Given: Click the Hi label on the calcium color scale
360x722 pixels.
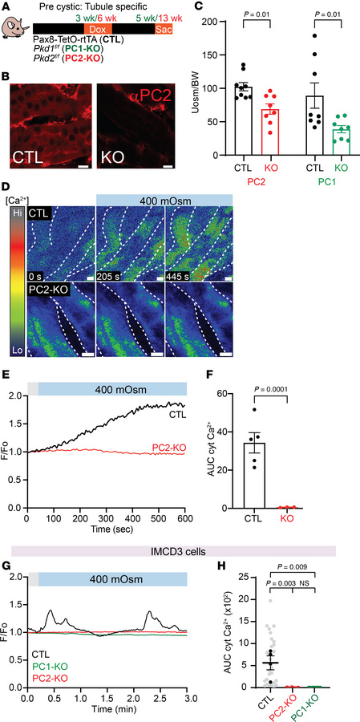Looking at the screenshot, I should coord(14,211).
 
